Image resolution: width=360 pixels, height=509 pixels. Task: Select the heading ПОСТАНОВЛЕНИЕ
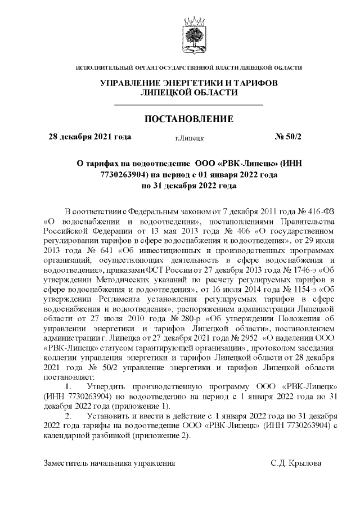coord(188,119)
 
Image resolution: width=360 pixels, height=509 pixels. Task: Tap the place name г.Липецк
coord(189,137)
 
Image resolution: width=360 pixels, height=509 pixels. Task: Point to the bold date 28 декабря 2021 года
coord(90,137)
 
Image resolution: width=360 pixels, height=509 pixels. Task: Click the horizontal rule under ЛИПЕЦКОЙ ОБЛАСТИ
coord(188,105)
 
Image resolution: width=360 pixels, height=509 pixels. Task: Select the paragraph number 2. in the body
coord(69,416)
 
